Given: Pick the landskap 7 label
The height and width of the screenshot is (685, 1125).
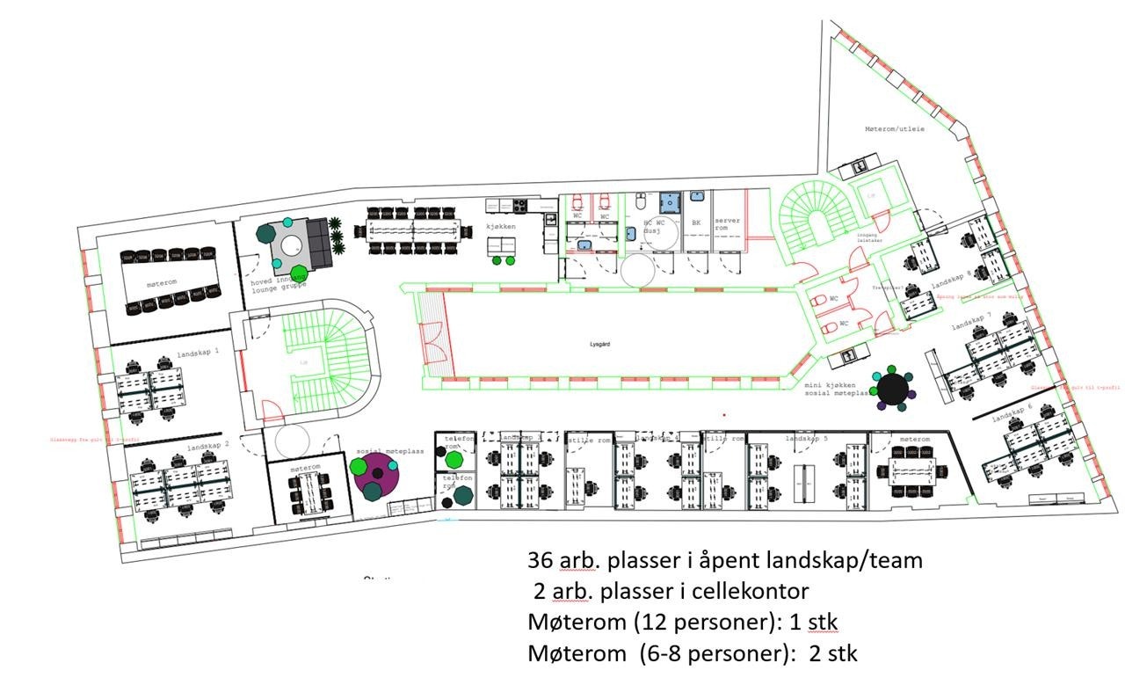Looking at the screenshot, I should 971,327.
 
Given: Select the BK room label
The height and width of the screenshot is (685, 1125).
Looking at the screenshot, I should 696,223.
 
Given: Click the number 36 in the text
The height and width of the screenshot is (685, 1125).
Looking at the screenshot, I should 540,560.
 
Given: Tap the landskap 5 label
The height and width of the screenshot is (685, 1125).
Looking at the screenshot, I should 807,438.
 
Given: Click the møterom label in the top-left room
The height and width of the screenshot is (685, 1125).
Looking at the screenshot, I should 163,283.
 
